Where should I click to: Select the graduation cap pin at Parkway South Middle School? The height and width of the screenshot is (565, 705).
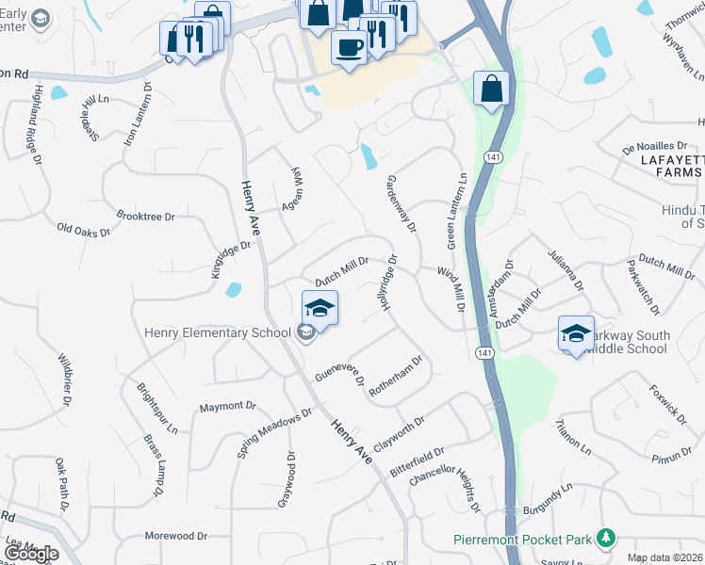(x=576, y=332)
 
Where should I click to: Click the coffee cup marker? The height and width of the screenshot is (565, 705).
(x=349, y=47)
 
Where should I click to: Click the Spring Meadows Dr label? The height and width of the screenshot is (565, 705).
(x=274, y=432)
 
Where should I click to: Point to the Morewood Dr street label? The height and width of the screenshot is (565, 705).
(x=175, y=536)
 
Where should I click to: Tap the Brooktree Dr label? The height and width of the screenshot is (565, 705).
(x=145, y=217)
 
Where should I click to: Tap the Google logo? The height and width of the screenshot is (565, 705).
(x=31, y=554)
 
